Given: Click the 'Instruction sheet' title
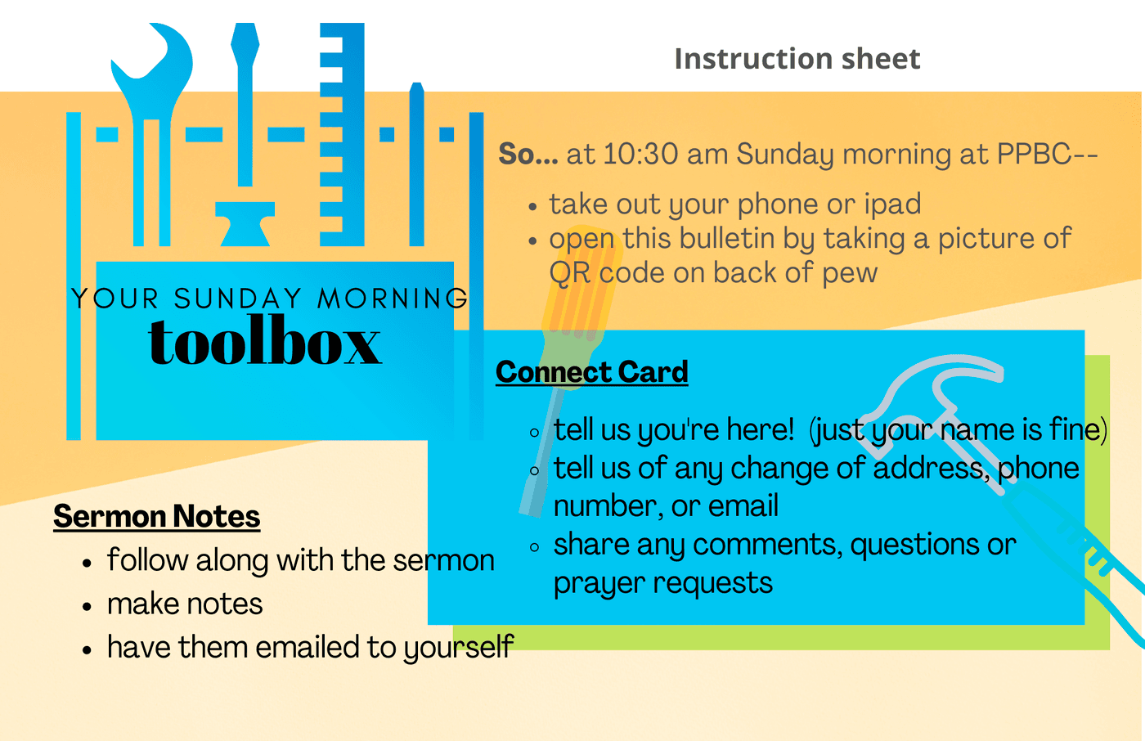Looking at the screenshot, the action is point(797,59).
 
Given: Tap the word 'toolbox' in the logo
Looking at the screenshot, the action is point(265,340).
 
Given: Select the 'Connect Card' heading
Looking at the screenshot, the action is point(592,371).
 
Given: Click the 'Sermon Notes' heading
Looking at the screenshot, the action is point(157,516).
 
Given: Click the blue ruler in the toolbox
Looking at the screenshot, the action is point(342,134).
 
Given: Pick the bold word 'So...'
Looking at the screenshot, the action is point(528,154).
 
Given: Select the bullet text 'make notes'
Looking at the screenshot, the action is point(185,604).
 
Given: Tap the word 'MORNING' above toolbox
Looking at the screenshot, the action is point(392,299).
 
